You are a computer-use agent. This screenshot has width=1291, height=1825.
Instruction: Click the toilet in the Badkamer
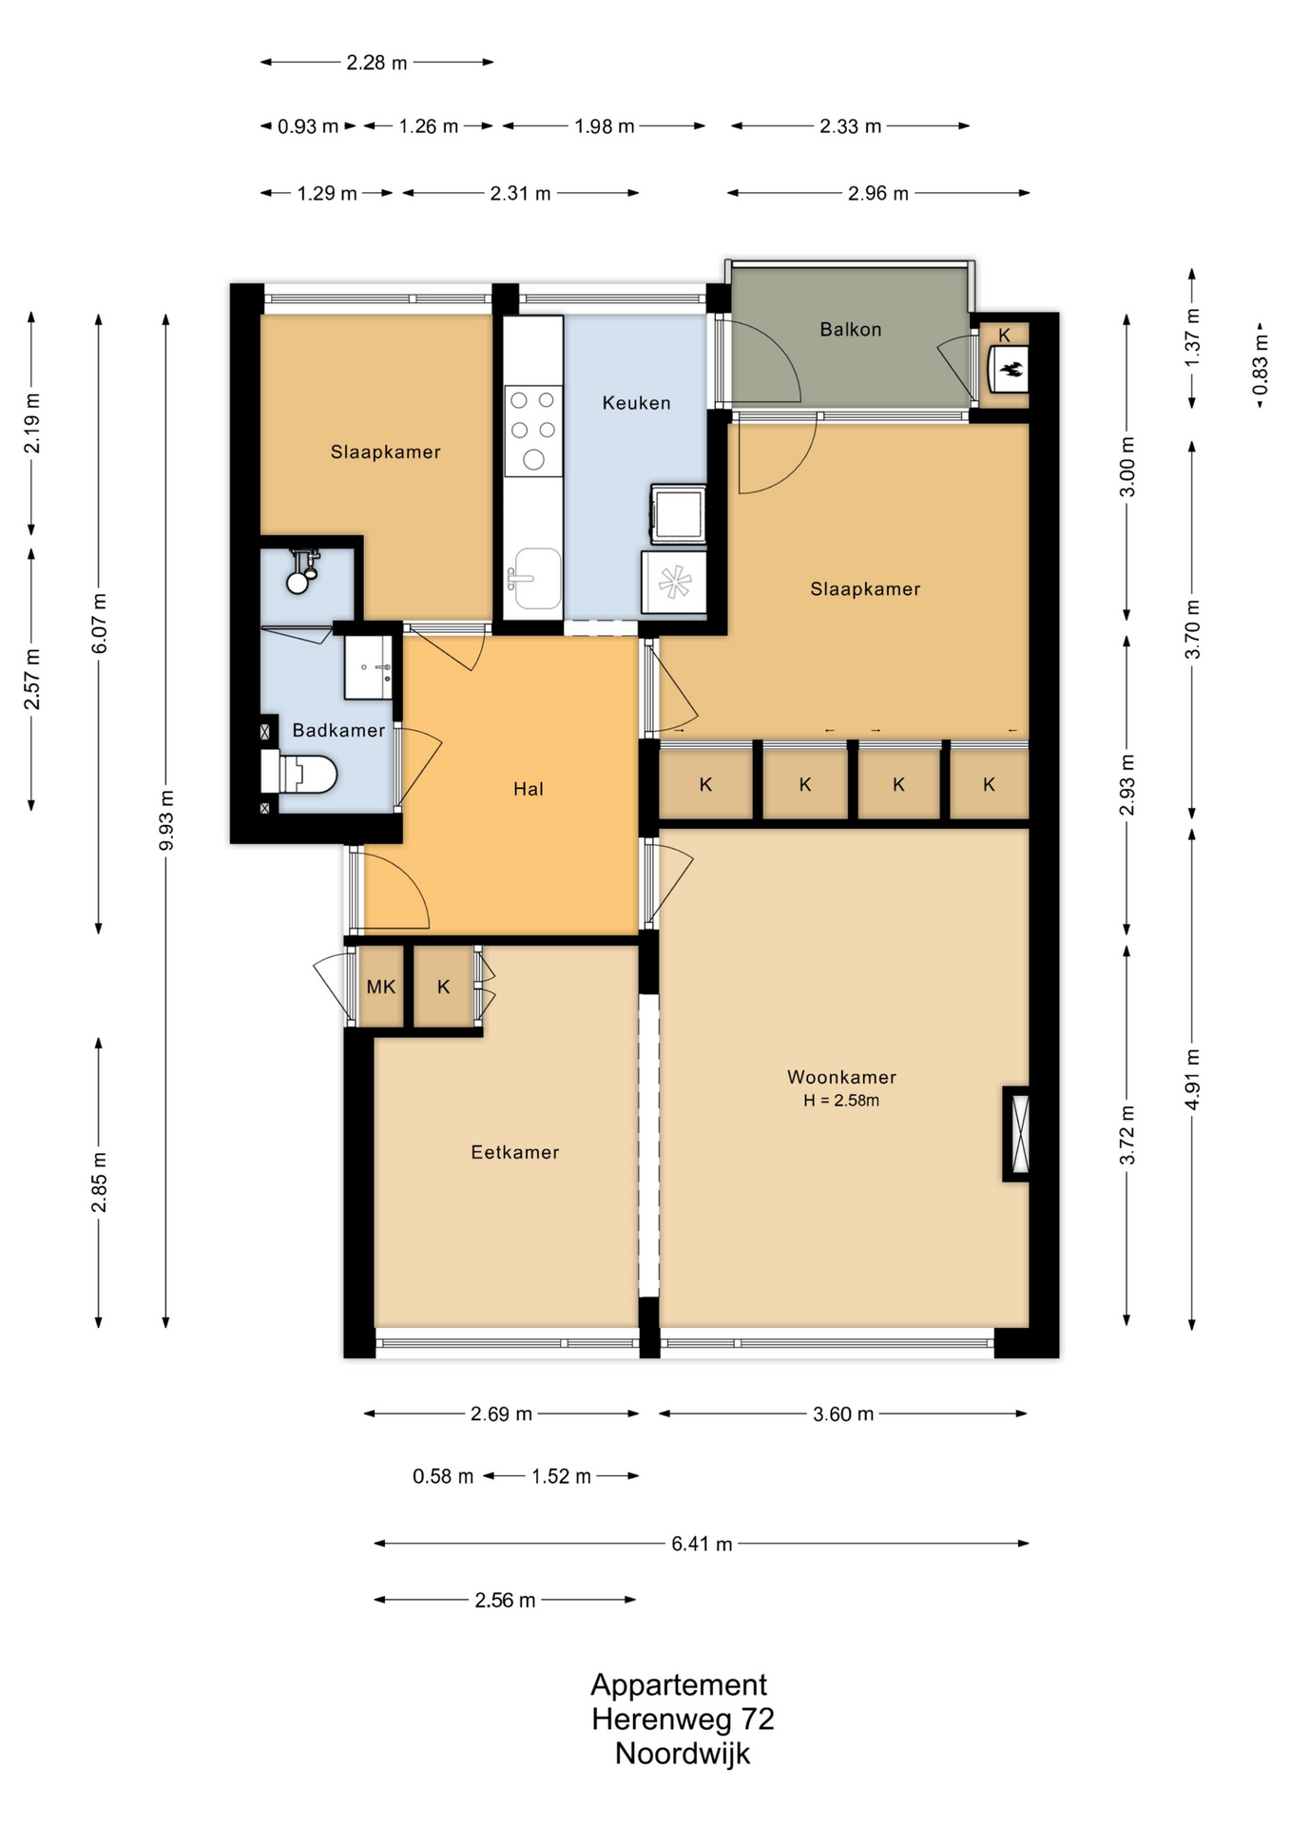(x=299, y=773)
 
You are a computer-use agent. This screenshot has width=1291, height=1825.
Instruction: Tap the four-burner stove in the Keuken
(x=533, y=431)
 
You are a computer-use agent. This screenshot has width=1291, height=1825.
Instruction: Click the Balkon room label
(x=851, y=330)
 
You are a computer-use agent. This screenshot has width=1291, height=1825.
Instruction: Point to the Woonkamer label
(x=841, y=1077)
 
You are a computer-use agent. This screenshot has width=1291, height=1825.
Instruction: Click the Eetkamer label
(x=515, y=1152)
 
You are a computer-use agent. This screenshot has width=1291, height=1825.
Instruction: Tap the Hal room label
(x=529, y=788)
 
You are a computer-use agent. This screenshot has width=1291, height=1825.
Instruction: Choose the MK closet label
(x=381, y=987)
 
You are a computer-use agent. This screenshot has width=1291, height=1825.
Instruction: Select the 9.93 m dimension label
(x=166, y=820)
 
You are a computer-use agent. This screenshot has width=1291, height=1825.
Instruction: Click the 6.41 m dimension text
(x=702, y=1544)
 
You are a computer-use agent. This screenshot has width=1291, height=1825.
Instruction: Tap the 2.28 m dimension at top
(x=376, y=63)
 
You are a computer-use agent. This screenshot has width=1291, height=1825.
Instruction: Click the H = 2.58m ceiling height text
(x=841, y=1101)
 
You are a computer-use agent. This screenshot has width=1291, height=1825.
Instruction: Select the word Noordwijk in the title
(x=683, y=1754)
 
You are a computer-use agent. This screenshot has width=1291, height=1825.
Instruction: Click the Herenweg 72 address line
(x=683, y=1719)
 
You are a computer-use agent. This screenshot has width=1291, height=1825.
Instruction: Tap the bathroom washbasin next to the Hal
(x=368, y=667)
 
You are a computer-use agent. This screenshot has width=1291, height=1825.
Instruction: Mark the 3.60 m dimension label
(x=843, y=1414)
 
